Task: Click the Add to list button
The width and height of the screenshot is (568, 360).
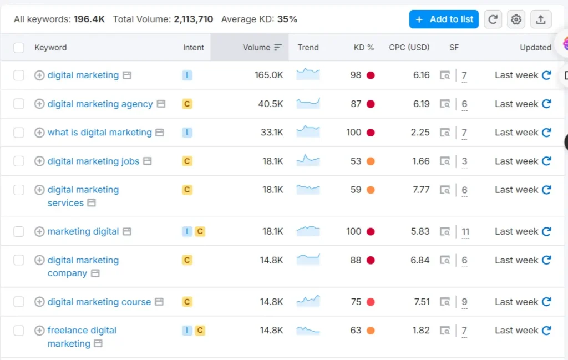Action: click(x=444, y=19)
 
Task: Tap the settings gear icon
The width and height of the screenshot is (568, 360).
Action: click(x=516, y=19)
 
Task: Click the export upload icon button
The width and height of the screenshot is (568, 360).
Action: click(x=541, y=19)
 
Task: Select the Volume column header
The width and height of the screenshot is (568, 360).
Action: click(x=256, y=48)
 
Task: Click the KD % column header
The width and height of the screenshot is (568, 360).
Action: click(x=364, y=48)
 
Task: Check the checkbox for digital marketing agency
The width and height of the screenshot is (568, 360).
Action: click(x=19, y=104)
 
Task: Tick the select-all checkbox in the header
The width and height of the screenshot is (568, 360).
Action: click(x=19, y=48)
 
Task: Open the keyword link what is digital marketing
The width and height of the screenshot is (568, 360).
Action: click(x=99, y=133)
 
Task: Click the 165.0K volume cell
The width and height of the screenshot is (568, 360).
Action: click(x=269, y=75)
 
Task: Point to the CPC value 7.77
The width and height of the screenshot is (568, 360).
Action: click(x=421, y=190)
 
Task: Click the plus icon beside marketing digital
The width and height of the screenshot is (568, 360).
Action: click(x=39, y=231)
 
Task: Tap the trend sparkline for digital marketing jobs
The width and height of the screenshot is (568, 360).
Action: click(x=308, y=161)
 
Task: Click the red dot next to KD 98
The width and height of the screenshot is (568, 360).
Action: click(x=371, y=75)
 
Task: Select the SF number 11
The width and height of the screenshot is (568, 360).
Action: click(x=465, y=231)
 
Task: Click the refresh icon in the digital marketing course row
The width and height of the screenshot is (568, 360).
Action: click(x=546, y=302)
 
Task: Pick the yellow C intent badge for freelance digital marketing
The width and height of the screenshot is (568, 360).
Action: click(x=200, y=331)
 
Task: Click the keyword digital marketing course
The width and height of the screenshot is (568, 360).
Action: click(x=99, y=302)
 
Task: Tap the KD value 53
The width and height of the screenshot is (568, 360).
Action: click(x=356, y=161)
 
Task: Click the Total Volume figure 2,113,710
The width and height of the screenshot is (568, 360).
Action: click(x=193, y=19)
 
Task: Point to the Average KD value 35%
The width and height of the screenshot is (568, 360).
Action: click(x=287, y=19)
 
